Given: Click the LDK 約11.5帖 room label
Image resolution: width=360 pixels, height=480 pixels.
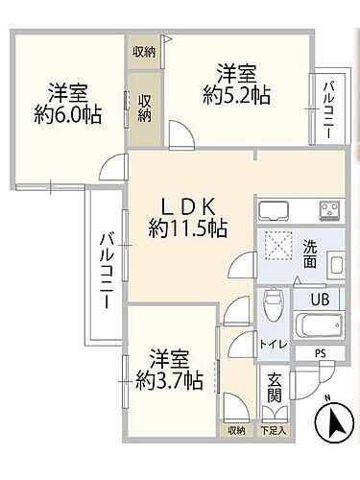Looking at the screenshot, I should (187, 218).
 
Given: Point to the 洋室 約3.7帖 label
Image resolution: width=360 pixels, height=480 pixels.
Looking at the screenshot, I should (168, 370).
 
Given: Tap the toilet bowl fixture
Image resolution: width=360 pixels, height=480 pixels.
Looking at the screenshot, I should (273, 307).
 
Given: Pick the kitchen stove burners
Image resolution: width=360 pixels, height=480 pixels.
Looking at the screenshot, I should (330, 210).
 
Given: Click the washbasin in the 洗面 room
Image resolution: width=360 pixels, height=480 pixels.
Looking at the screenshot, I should (335, 263).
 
